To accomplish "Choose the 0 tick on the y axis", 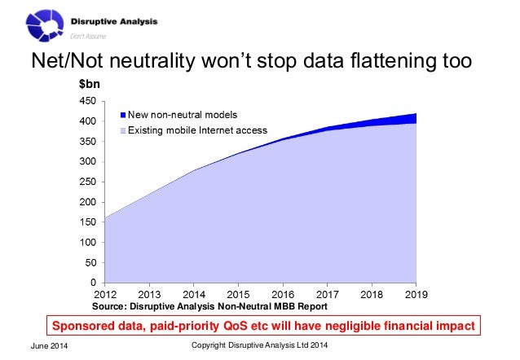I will (94, 283).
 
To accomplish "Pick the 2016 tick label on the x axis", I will (282, 294).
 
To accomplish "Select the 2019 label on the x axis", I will (416, 294).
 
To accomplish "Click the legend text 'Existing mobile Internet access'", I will (197, 130).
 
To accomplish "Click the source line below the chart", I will (209, 306).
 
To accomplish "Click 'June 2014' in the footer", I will (50, 348).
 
